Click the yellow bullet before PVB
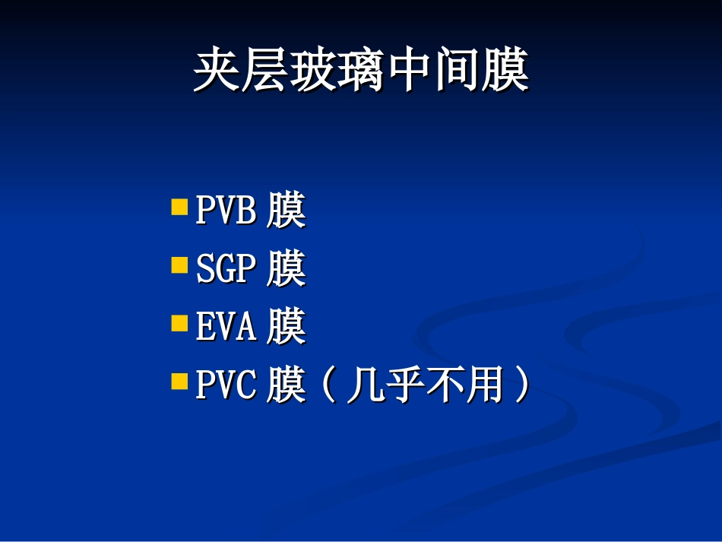179,207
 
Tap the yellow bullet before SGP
179,265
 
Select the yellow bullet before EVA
179,324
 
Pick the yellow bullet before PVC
179,381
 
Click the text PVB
226,211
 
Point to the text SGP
226,269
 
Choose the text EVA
226,328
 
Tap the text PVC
226,385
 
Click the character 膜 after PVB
287,211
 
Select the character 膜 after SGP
287,269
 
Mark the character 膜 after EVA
287,328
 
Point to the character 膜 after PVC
287,385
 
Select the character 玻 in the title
312,72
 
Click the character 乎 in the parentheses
404,385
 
